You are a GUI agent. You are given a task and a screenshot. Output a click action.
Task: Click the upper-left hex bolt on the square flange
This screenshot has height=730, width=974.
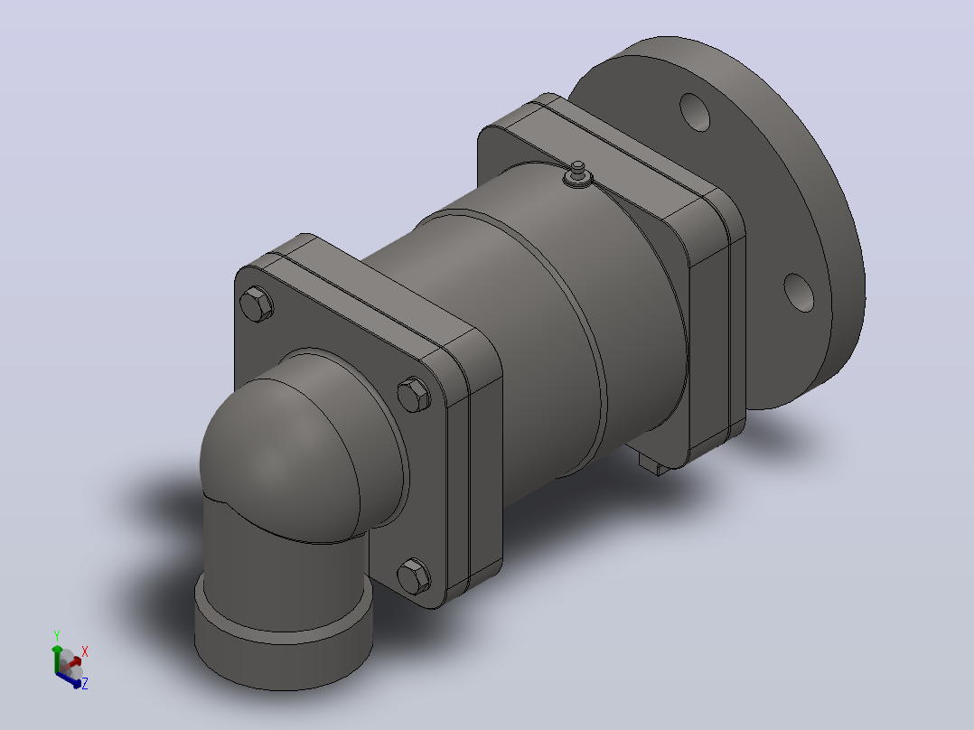point(256,304)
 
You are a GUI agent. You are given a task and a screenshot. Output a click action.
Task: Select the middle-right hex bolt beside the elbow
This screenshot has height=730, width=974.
point(414,394)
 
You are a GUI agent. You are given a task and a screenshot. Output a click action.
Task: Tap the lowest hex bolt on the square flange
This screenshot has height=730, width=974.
point(413,576)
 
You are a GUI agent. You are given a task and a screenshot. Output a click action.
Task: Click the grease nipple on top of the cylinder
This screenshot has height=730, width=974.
point(577,174)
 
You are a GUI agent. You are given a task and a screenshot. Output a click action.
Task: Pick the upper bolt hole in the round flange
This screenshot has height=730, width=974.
point(695,112)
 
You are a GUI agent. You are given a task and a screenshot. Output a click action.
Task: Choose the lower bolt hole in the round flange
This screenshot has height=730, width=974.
point(799,293)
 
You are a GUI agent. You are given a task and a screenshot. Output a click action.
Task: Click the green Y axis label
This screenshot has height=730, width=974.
point(57,636)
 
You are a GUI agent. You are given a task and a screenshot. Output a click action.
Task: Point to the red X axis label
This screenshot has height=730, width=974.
point(85,651)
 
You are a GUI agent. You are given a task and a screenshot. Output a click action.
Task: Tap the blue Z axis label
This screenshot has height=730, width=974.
point(85,683)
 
